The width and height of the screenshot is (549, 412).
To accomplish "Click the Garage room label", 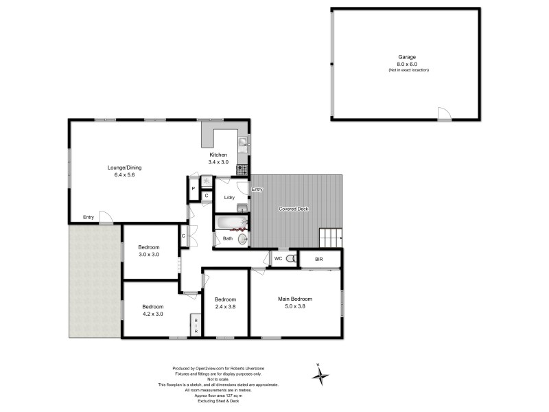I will [x=408, y=57].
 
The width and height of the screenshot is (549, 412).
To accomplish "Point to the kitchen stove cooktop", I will [x=242, y=168].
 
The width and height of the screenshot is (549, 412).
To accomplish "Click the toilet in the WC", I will [x=291, y=259].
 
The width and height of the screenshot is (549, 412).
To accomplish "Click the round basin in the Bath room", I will [x=242, y=239].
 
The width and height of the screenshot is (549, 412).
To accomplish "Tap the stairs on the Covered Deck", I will [x=330, y=238].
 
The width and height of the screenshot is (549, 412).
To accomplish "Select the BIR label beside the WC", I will [x=319, y=259].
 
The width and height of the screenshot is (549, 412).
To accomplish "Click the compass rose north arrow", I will [x=320, y=375].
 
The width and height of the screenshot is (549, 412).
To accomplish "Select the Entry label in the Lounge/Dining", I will [x=89, y=218].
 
